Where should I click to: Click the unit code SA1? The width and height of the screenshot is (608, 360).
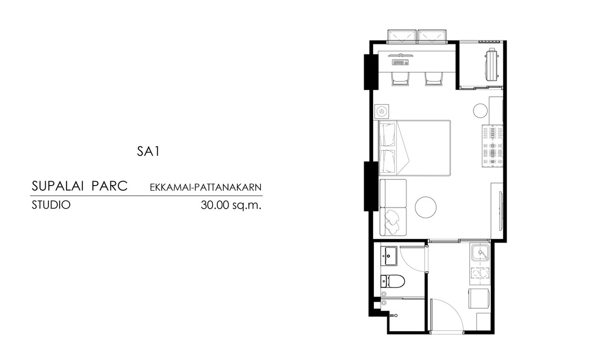(148, 151)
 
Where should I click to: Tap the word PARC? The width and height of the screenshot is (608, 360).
(110, 186)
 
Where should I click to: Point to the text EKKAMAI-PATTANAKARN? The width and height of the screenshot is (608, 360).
(206, 187)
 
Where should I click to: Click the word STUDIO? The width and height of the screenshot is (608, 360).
(51, 205)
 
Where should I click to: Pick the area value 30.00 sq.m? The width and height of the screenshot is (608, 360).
(231, 205)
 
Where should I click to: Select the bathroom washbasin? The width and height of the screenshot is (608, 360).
(389, 256)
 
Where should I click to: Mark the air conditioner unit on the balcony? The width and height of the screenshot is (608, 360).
(491, 64)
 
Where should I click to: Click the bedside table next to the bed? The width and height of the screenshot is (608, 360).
(382, 111)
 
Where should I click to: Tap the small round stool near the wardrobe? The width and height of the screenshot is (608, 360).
(480, 110)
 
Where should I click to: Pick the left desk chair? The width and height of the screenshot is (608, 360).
(400, 79)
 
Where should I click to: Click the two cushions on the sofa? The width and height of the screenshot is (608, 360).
(392, 221)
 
